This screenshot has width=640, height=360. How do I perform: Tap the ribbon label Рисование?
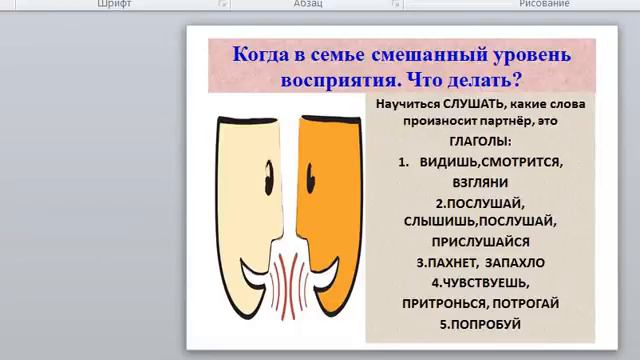click(x=544, y=4)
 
